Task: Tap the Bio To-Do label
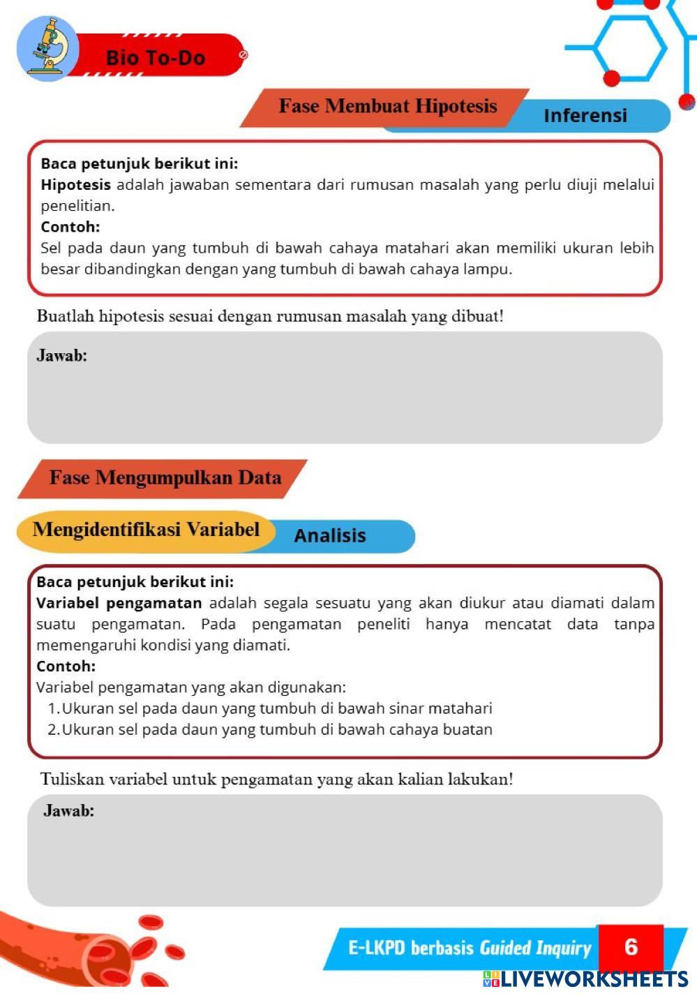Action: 156,57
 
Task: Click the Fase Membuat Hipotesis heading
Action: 387,106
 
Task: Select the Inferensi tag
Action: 585,115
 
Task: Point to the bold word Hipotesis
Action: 75,185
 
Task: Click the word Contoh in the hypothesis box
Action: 70,227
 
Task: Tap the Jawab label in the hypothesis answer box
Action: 61,355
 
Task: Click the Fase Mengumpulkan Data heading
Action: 165,478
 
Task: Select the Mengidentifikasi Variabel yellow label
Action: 146,530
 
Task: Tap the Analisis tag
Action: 330,535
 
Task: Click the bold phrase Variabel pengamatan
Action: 119,603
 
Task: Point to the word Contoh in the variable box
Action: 66,666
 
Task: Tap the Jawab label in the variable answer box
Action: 68,810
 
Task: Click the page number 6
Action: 631,946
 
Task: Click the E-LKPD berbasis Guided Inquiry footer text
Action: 469,948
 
